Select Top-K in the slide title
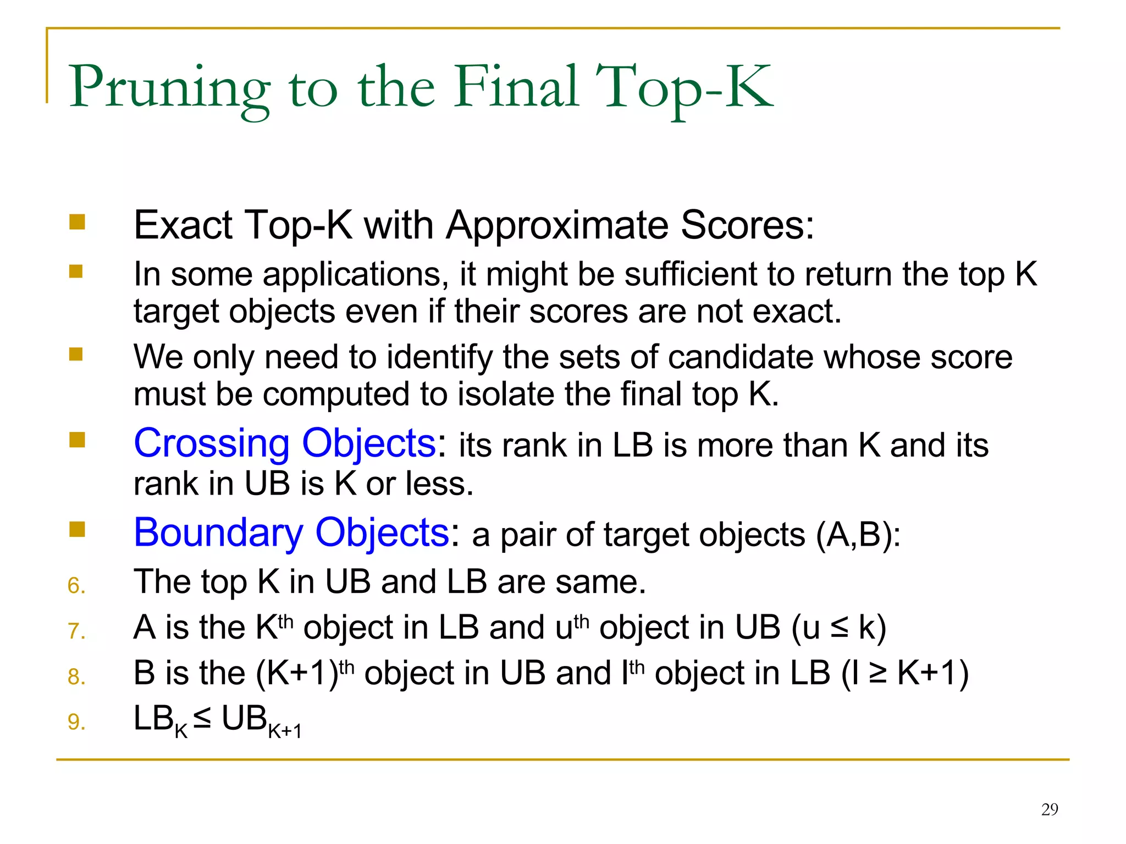(685, 88)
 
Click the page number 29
(1049, 809)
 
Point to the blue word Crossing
(212, 443)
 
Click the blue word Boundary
(218, 533)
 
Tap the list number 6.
(76, 586)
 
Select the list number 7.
(76, 631)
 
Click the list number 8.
(76, 677)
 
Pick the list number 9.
(76, 722)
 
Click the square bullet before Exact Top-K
(77, 222)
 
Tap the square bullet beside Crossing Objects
(77, 440)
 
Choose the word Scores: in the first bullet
(747, 225)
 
